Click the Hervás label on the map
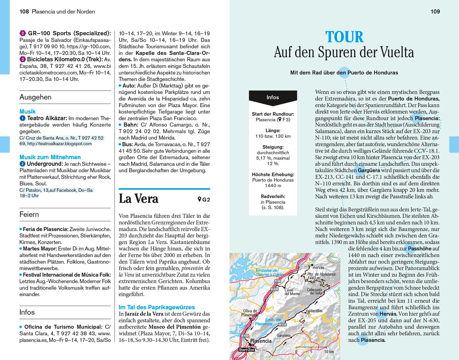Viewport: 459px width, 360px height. (319, 268)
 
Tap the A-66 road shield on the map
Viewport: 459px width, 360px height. (278, 281)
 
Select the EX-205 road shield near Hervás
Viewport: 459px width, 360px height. (304, 267)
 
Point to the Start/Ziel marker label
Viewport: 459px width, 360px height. (246, 350)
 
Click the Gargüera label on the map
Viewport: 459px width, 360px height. (283, 336)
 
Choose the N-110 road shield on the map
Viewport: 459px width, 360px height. (282, 324)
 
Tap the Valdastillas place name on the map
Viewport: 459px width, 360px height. (314, 311)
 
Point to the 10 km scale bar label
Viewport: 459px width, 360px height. (329, 351)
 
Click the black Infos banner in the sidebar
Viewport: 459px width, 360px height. (273, 97)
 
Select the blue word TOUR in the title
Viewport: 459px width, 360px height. (344, 37)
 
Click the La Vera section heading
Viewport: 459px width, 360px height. (138, 199)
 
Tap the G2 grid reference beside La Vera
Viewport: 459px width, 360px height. (204, 200)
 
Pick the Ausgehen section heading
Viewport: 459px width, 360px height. (35, 97)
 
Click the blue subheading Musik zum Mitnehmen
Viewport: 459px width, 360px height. (50, 157)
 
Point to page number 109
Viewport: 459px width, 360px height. (435, 12)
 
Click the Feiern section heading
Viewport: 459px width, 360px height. (29, 214)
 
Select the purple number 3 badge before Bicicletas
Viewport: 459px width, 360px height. (23, 59)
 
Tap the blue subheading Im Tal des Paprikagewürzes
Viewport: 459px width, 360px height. (157, 307)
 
